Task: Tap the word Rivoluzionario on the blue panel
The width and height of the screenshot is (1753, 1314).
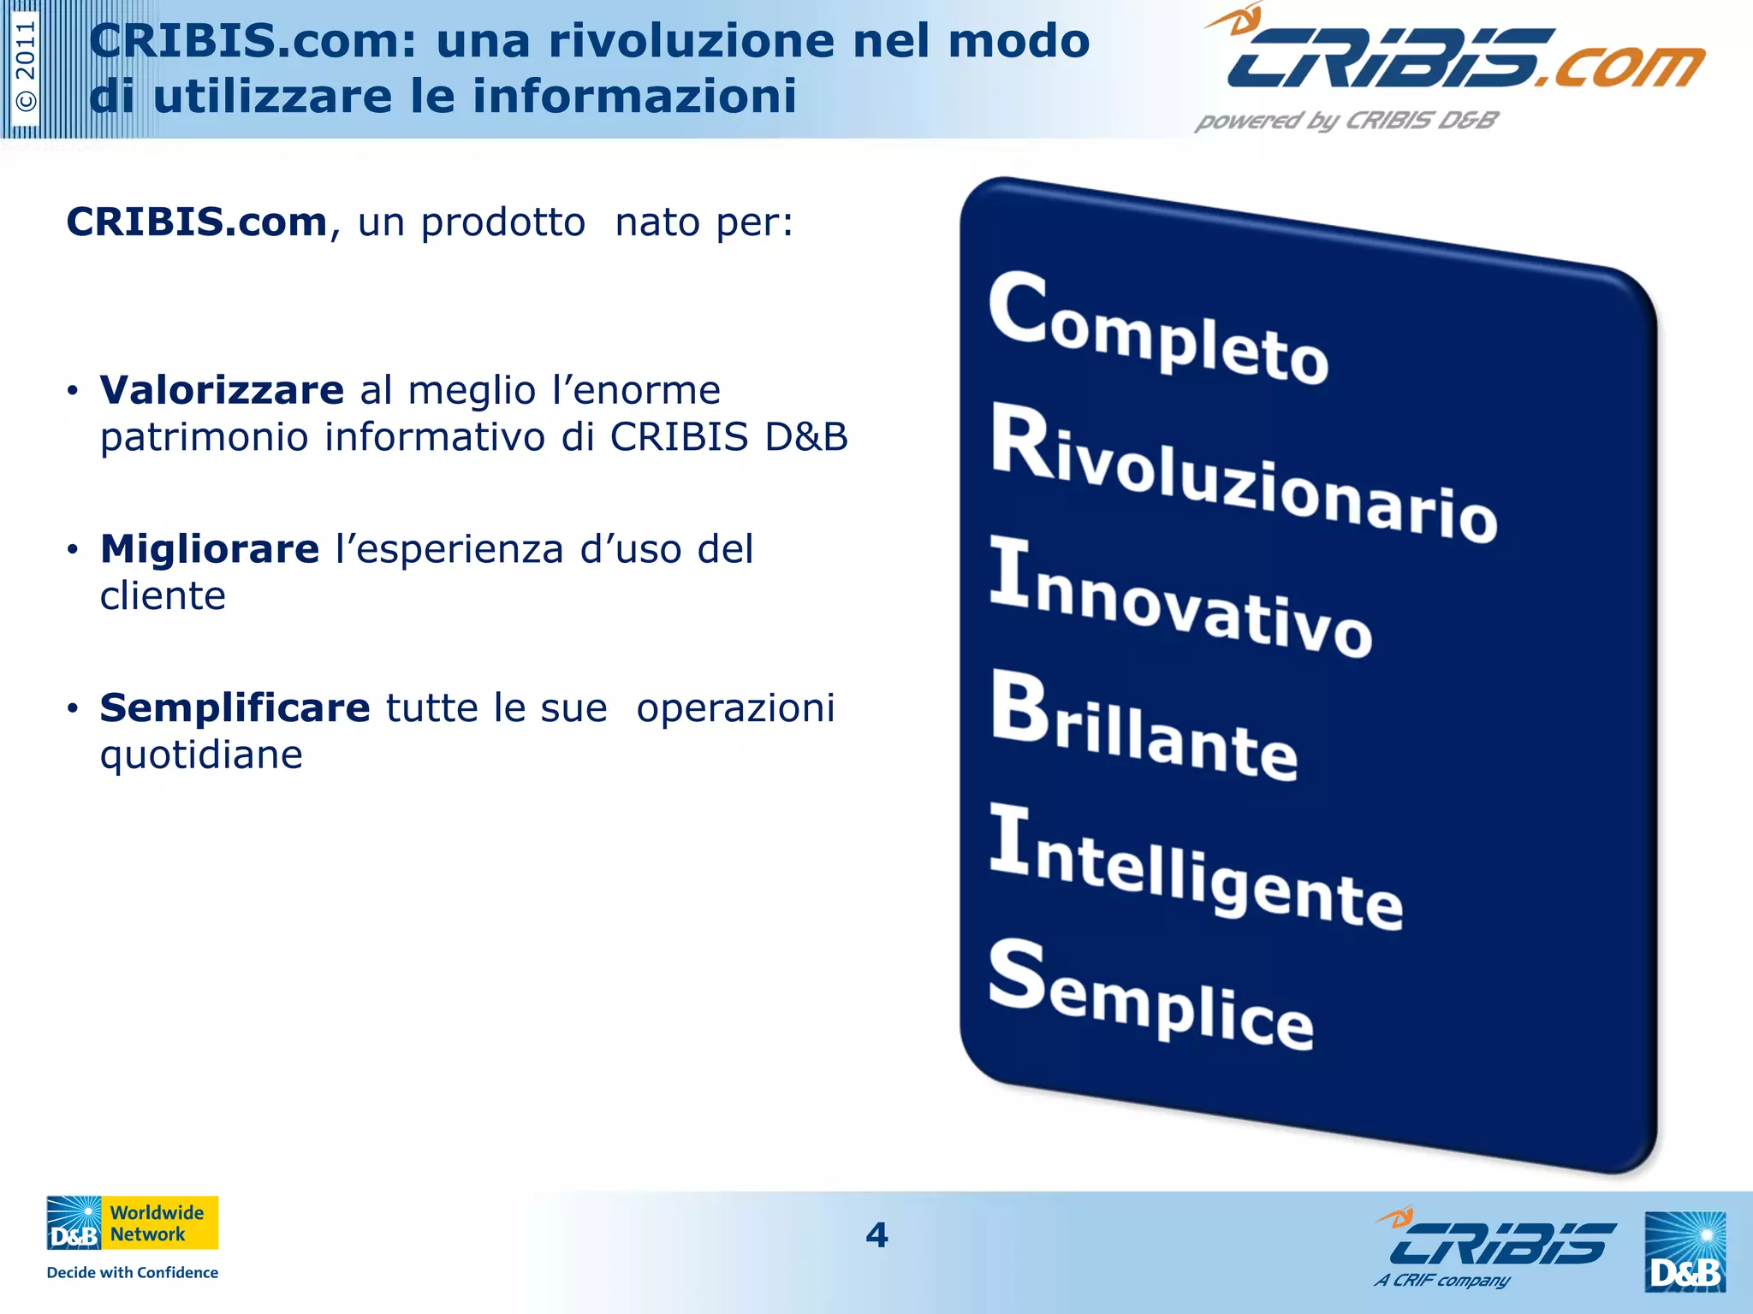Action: pos(1243,476)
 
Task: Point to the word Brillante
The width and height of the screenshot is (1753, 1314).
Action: pos(1144,727)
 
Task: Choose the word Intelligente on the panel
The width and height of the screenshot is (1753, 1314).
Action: pos(1196,868)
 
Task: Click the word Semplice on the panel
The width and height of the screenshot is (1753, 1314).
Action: pos(1150,995)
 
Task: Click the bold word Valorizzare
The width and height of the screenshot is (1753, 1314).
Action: pos(222,390)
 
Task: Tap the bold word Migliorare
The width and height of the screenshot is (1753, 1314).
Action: pos(210,549)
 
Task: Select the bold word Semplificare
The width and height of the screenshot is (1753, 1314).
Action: pos(235,708)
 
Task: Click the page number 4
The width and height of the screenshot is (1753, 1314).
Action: pos(876,1234)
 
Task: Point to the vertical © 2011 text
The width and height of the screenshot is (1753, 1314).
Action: pos(27,66)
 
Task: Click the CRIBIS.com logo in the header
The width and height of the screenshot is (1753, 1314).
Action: pos(1455,56)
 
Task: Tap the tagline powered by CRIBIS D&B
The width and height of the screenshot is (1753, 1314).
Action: pos(1346,121)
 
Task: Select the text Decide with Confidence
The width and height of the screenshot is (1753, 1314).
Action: pos(132,1272)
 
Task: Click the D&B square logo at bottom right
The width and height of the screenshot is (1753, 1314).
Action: pos(1685,1252)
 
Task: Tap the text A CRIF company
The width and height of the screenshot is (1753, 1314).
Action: pos(1442,1281)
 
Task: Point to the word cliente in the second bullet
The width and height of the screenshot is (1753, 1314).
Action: pos(163,596)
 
